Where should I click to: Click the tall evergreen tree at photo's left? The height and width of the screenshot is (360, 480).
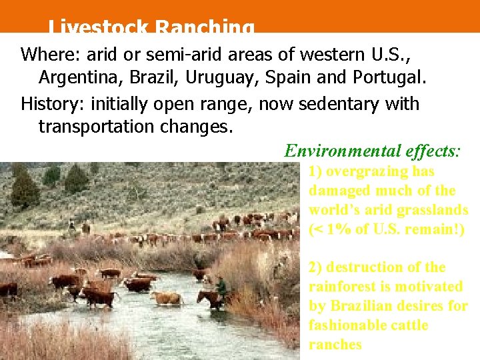tap(25, 189)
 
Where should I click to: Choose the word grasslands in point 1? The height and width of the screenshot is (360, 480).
tap(432, 210)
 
